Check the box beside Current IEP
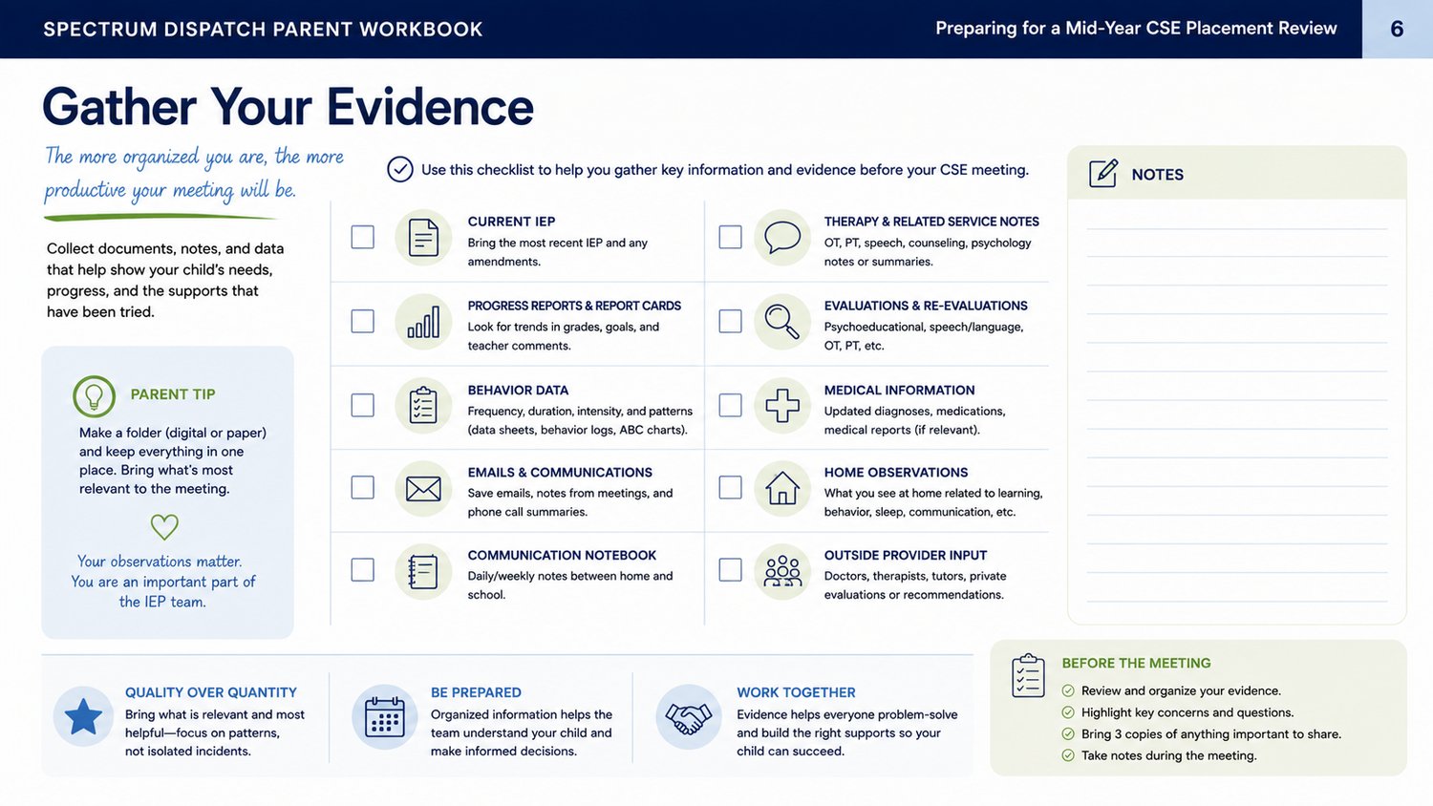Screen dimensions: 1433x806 tap(363, 237)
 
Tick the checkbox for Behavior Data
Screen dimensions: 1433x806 tap(363, 405)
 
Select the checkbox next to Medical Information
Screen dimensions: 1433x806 tap(730, 405)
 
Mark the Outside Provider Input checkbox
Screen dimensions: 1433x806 tap(730, 569)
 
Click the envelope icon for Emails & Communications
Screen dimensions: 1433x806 tap(423, 489)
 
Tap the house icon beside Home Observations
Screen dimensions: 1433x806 tap(782, 488)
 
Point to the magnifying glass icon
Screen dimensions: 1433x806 tap(782, 322)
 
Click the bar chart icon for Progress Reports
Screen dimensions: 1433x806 tap(423, 322)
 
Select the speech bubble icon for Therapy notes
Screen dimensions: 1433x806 tap(782, 238)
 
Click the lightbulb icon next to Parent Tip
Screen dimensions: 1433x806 tap(94, 396)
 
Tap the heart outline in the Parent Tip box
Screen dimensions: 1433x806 tap(164, 526)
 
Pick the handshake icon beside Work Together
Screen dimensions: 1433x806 tap(689, 718)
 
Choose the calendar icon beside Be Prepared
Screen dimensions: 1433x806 tap(384, 717)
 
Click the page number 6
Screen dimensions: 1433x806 tap(1397, 29)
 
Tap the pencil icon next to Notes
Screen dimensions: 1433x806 tap(1103, 174)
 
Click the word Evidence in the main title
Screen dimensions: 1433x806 tap(430, 107)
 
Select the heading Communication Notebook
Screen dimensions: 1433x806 tap(562, 555)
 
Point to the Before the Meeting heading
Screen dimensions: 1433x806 tap(1136, 664)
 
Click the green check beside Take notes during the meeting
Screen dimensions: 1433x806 tap(1068, 755)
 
